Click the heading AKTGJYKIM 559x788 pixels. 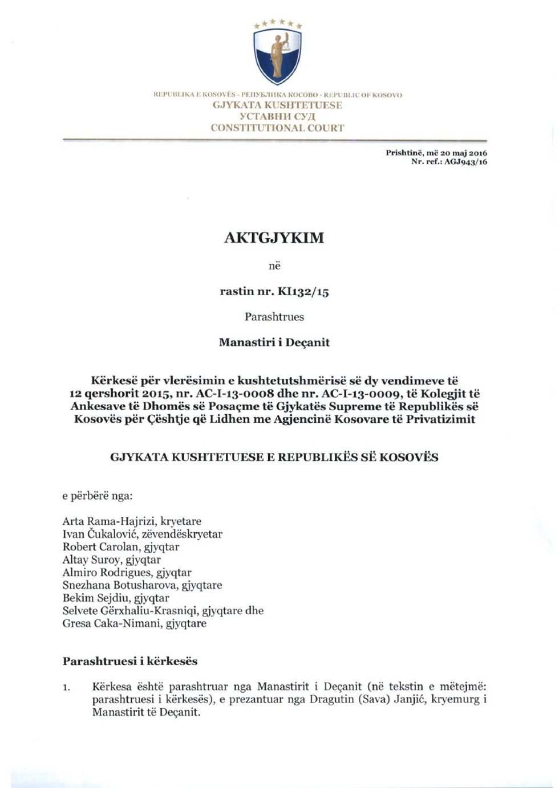click(274, 237)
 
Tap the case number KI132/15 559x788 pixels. click(303, 292)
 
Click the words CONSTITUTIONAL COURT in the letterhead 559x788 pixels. click(277, 128)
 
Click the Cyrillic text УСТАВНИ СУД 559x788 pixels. click(277, 117)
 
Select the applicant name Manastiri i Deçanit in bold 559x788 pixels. click(274, 342)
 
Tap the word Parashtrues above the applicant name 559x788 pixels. click(274, 317)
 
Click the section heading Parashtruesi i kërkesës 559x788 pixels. click(129, 662)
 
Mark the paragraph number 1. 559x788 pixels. click(66, 688)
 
